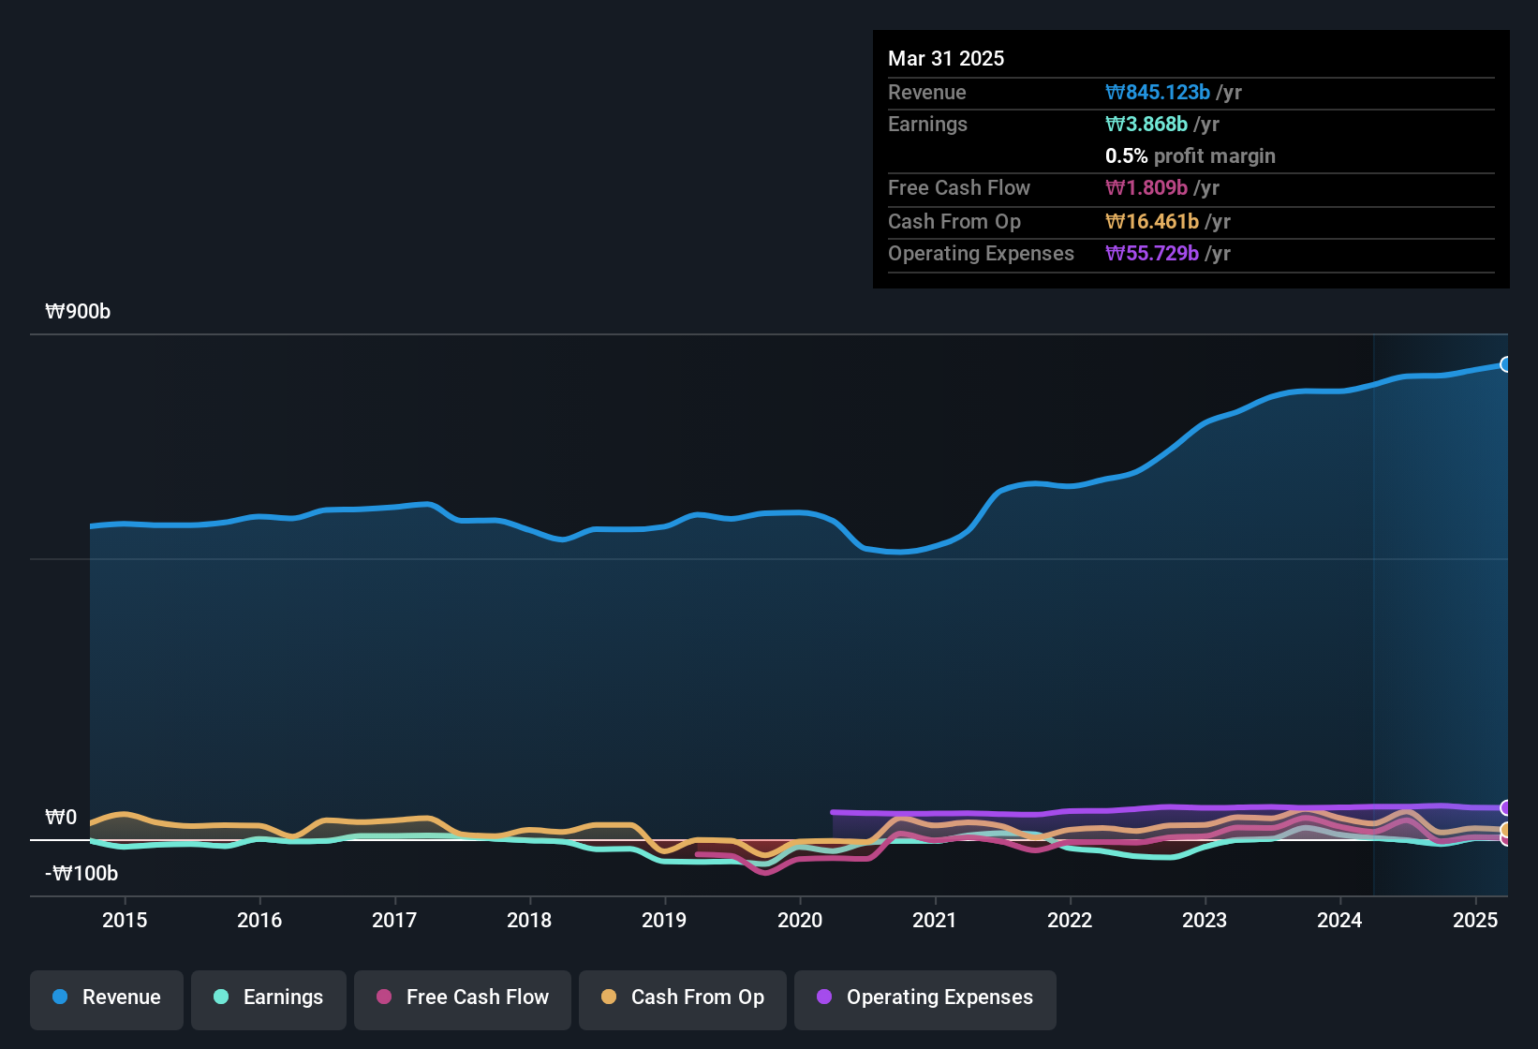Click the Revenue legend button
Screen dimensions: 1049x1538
tap(107, 997)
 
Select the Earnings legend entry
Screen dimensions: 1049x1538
tap(269, 997)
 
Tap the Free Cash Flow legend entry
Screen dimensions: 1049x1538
tap(463, 997)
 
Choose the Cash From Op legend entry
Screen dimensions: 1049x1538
tap(683, 997)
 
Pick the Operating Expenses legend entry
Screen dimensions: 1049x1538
tap(925, 997)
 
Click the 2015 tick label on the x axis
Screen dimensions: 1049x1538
tap(125, 920)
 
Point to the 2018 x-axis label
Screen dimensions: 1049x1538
tap(529, 920)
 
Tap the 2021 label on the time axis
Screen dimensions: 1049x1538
tap(935, 920)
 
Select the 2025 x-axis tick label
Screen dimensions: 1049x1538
tap(1475, 920)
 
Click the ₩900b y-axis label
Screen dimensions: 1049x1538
tap(78, 312)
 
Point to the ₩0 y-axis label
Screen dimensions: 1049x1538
tap(61, 818)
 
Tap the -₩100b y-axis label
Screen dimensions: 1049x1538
tap(81, 874)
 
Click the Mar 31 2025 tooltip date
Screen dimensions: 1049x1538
tap(946, 59)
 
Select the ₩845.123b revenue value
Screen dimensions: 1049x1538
tap(1158, 93)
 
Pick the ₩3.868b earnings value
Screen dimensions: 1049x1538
tap(1146, 125)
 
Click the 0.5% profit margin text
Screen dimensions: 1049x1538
tap(1190, 156)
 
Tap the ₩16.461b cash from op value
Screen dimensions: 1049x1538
tap(1152, 222)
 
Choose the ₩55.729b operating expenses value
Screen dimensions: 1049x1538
tap(1152, 254)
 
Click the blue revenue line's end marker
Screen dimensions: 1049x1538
tap(1505, 364)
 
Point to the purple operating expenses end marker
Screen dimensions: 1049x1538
tap(1505, 807)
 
